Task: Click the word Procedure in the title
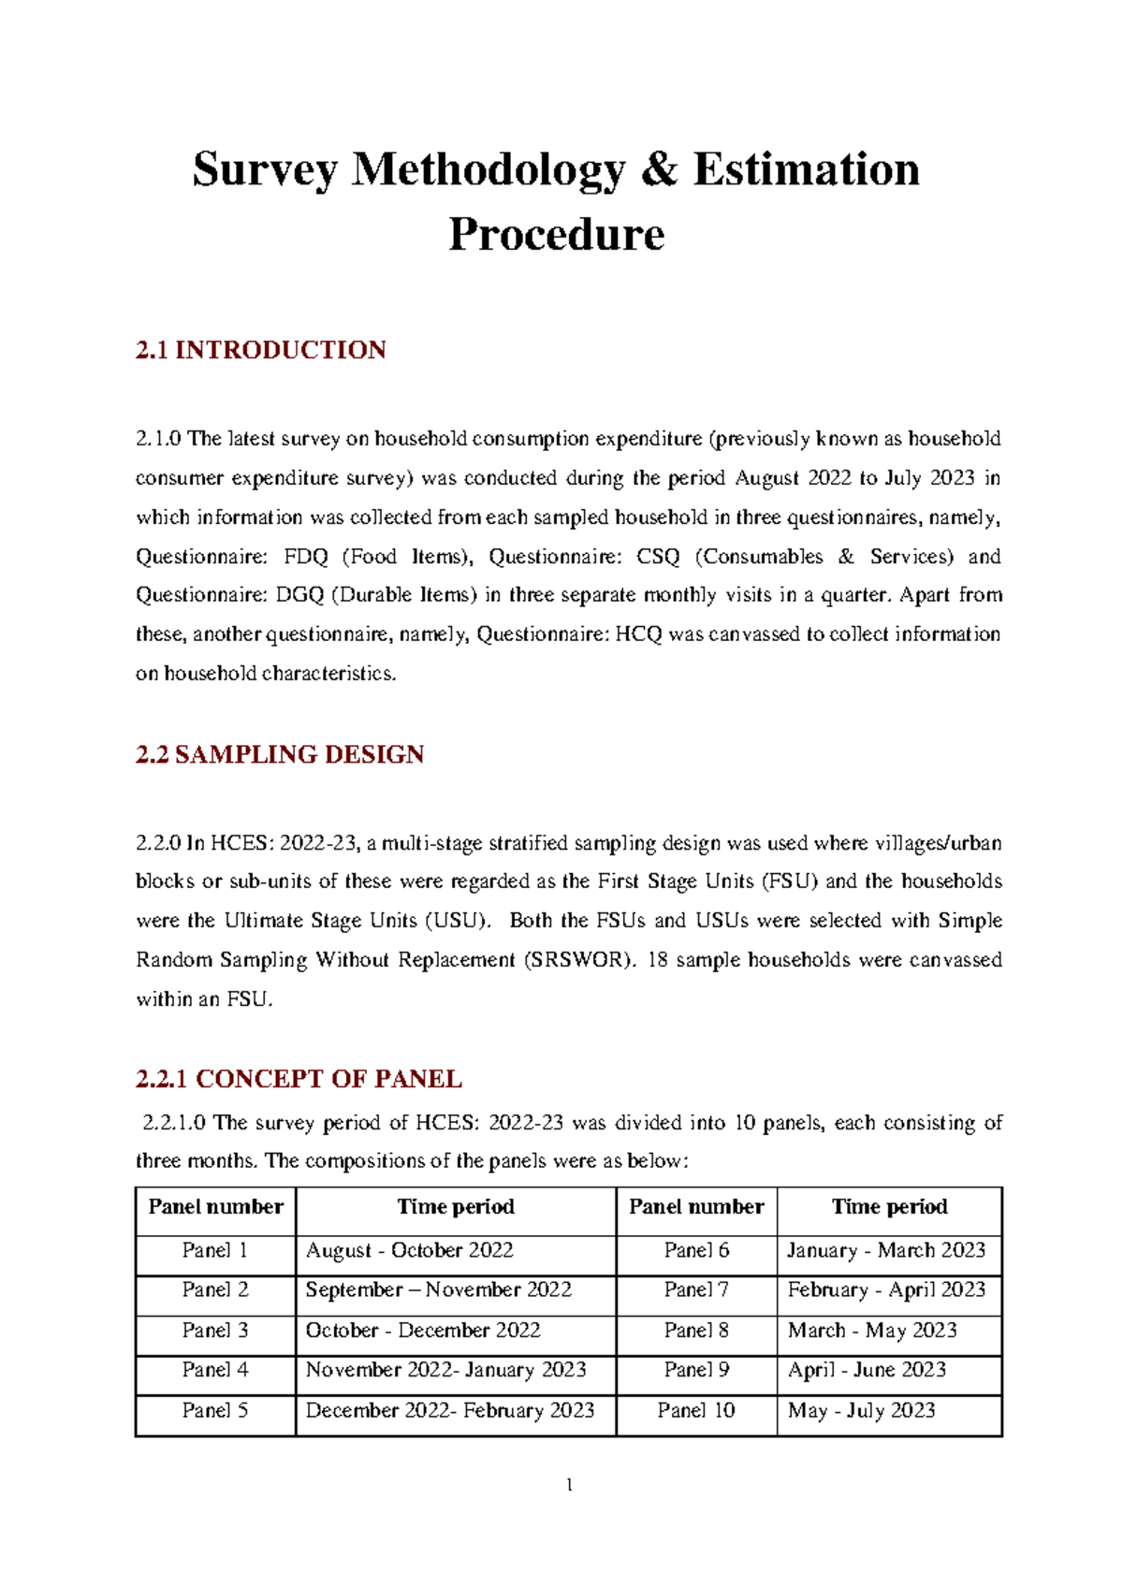point(556,234)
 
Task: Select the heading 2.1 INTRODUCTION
point(260,350)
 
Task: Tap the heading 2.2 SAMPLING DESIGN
point(279,754)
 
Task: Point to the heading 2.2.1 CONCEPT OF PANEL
point(299,1079)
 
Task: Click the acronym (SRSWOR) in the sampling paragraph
point(578,960)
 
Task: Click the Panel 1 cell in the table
point(215,1251)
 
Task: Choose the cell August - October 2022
point(409,1251)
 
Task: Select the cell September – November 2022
point(438,1290)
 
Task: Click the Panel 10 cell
point(695,1410)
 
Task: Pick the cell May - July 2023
point(861,1410)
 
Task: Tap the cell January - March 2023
point(885,1251)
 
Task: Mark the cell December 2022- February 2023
point(449,1410)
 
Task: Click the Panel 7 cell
point(695,1290)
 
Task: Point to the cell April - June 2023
point(867,1370)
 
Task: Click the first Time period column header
point(456,1207)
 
